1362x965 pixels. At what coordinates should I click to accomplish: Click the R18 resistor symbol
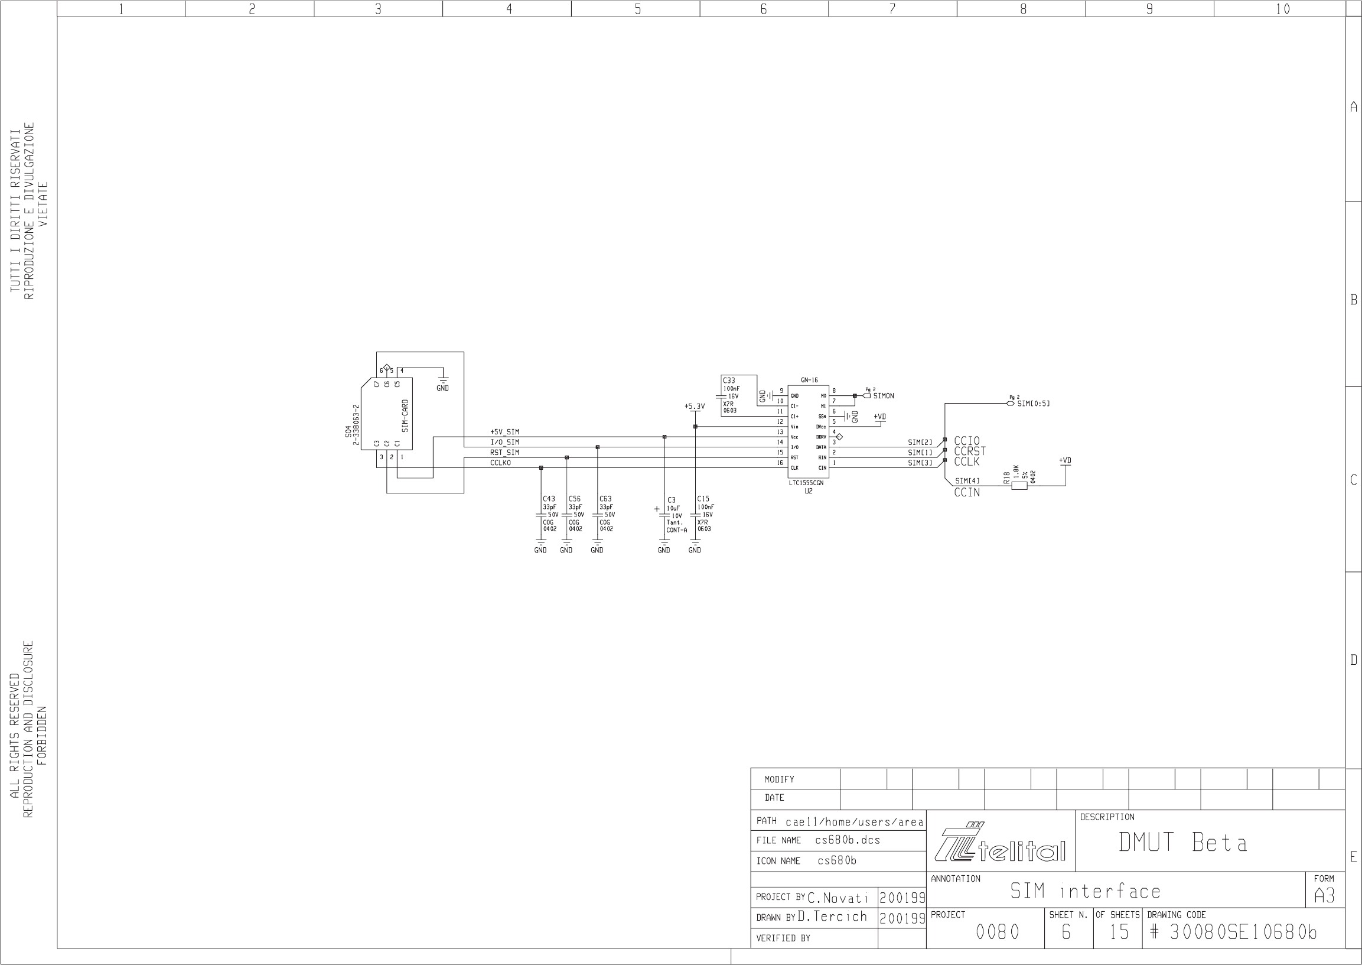[x=1019, y=486]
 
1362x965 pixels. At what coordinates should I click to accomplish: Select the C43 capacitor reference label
[x=549, y=499]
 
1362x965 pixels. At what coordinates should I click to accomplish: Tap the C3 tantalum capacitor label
[x=671, y=501]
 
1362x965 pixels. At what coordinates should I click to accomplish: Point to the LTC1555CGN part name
[x=806, y=483]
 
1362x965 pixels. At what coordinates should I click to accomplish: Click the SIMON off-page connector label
[x=883, y=396]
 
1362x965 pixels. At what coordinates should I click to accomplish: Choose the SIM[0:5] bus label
[x=1034, y=404]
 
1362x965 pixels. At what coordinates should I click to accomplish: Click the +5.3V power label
[x=695, y=407]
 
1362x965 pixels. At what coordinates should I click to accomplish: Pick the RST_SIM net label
[x=504, y=453]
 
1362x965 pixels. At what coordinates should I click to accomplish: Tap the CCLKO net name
[x=500, y=463]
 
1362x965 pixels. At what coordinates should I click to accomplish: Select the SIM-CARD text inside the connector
[x=405, y=415]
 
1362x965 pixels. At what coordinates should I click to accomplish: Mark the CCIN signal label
[x=967, y=493]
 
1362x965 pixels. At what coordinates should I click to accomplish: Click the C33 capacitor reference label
[x=729, y=381]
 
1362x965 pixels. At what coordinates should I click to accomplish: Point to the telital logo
[x=1001, y=843]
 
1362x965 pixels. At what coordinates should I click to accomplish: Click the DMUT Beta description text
[x=1182, y=843]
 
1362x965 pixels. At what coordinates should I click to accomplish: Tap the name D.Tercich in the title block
[x=832, y=917]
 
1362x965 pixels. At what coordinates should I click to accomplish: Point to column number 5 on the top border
[x=637, y=9]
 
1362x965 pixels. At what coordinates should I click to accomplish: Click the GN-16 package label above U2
[x=809, y=381]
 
